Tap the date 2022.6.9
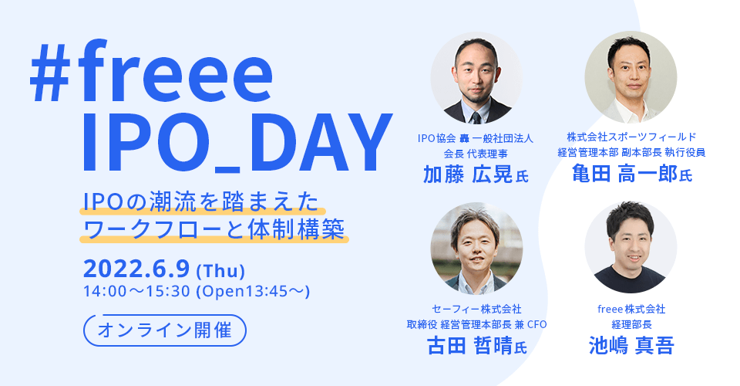(137, 269)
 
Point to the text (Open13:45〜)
(254, 292)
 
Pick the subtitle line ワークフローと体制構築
(215, 230)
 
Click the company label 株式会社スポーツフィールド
(631, 137)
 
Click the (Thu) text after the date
(220, 272)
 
